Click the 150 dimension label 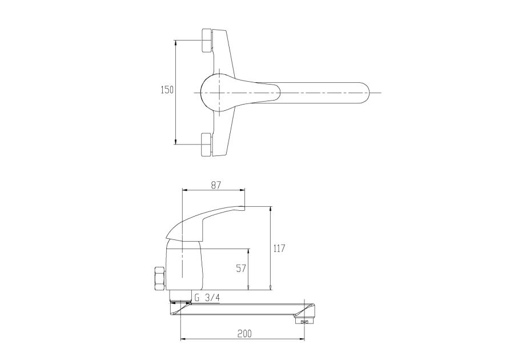point(167,90)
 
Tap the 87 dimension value point(215,185)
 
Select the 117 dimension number point(279,248)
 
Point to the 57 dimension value point(241,269)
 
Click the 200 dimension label point(244,334)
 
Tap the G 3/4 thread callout point(207,298)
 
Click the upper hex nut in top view point(207,41)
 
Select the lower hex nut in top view point(207,145)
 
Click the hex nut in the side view point(159,278)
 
